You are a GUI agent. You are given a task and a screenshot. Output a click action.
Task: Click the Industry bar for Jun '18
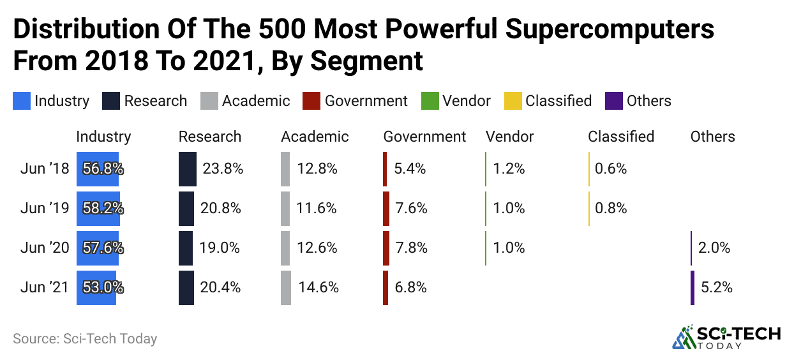point(97,169)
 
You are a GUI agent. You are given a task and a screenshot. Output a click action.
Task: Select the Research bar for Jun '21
point(186,288)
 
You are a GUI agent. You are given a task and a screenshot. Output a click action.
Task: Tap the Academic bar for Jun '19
point(285,209)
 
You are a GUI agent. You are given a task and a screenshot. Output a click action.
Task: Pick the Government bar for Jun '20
point(386,248)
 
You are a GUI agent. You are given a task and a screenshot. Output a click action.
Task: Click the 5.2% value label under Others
point(716,288)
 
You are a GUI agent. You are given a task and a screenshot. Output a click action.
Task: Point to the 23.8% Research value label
point(222,169)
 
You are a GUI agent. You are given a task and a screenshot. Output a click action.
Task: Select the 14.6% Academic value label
point(318,288)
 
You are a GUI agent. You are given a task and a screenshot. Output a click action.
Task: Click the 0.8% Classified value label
point(611,209)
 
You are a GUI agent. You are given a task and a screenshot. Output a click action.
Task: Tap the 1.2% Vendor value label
point(509,169)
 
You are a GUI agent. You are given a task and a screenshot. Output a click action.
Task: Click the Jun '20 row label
point(44,248)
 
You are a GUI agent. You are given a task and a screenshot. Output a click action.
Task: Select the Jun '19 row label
point(44,209)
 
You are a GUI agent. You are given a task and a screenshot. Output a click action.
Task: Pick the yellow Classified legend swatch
point(514,101)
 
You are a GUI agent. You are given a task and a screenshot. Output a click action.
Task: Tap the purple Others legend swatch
point(615,101)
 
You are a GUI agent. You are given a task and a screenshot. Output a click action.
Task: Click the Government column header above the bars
point(424,137)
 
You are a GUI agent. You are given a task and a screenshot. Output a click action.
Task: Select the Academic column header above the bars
point(315,137)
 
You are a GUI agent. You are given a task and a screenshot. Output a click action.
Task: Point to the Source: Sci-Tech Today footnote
point(85,338)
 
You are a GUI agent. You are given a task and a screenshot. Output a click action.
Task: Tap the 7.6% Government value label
point(410,209)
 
